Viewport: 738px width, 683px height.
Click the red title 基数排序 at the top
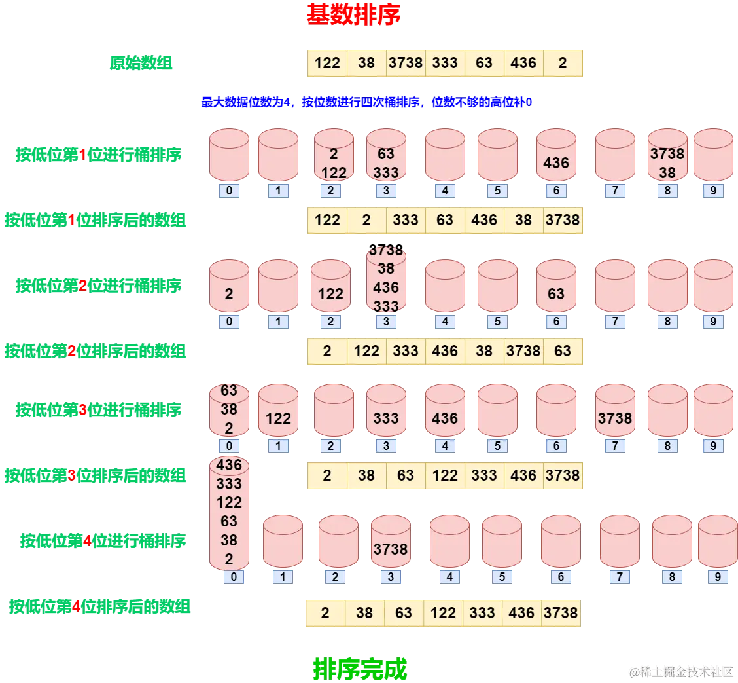(x=353, y=14)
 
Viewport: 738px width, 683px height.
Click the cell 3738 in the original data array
(x=406, y=63)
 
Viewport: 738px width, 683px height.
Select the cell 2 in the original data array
(x=563, y=63)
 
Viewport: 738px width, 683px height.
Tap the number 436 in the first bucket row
(x=556, y=162)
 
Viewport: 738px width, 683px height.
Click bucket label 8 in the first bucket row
(x=667, y=191)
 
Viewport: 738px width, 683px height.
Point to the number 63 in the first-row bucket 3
(x=386, y=154)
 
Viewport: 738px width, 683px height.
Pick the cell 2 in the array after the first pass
(x=366, y=220)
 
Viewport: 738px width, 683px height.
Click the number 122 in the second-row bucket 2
(x=330, y=294)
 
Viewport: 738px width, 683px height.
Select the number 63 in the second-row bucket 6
(x=556, y=294)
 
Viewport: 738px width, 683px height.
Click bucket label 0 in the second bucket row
(x=229, y=322)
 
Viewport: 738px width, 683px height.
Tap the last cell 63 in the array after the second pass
(x=563, y=351)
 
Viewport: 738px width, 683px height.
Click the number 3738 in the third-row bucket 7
(x=615, y=418)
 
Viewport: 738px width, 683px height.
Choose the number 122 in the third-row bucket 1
(x=278, y=418)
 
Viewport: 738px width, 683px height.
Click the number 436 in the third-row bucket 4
(x=445, y=418)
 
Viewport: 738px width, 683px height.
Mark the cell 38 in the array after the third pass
(x=366, y=475)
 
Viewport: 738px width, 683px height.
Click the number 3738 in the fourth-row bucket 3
(x=391, y=549)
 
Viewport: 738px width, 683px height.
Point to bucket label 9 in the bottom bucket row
(x=718, y=577)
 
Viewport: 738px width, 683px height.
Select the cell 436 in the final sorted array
(x=521, y=613)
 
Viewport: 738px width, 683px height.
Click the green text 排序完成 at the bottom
(x=360, y=669)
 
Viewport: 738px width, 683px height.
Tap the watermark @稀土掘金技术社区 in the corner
(x=680, y=671)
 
